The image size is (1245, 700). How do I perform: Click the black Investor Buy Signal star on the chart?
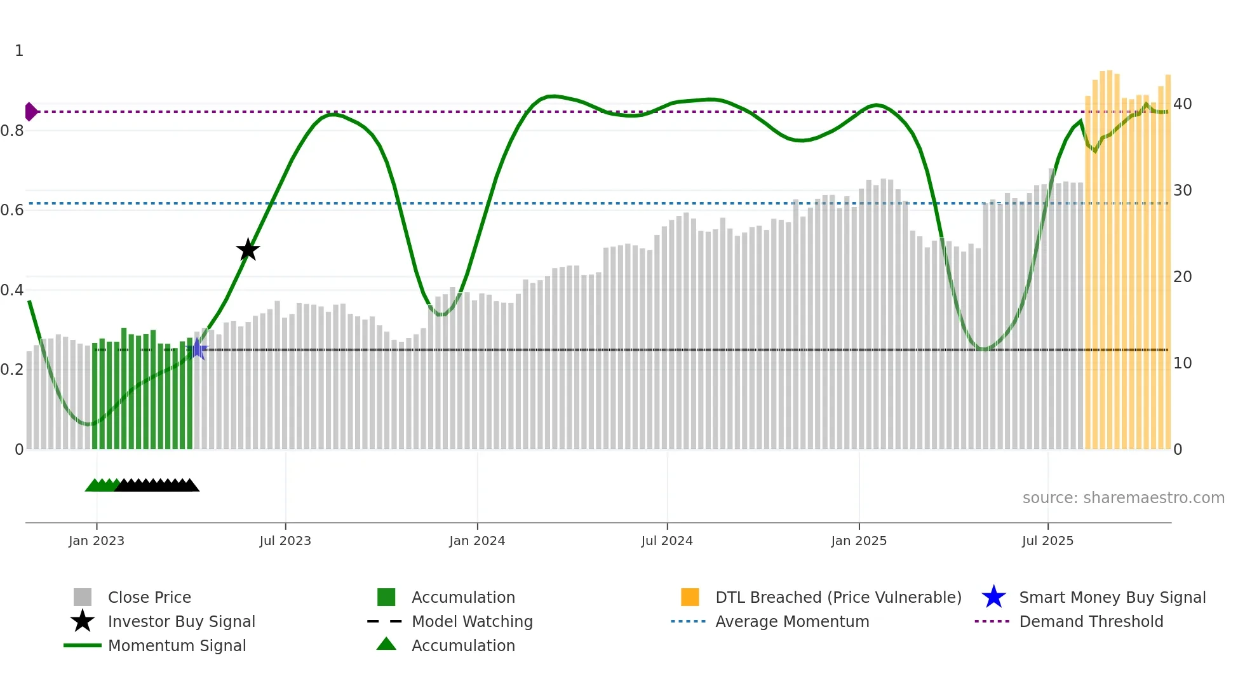pos(248,250)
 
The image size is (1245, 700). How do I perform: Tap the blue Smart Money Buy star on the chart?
pos(198,349)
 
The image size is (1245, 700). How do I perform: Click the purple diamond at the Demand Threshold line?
pos(30,112)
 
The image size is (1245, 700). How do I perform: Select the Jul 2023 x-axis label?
pos(285,541)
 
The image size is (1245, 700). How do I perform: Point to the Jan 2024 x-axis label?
pos(477,541)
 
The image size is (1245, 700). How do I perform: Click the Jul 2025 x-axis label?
pos(1047,541)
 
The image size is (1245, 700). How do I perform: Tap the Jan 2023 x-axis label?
pos(97,541)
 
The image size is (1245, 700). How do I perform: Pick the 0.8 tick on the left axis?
pos(12,131)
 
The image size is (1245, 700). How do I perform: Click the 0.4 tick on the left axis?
pos(12,290)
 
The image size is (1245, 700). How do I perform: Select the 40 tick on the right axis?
pos(1182,104)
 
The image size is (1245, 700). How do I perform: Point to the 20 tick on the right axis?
pos(1182,276)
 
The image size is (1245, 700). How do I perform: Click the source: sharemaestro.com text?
pos(1123,497)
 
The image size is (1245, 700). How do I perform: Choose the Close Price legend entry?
pos(149,597)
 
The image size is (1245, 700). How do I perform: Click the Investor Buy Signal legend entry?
pos(181,621)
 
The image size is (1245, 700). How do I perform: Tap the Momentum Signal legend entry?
pos(177,645)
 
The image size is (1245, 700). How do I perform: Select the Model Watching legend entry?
pos(472,621)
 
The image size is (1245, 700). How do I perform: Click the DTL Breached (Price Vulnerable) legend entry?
pos(838,597)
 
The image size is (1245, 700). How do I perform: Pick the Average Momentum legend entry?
pos(792,621)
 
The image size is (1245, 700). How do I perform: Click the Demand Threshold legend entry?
pos(1091,621)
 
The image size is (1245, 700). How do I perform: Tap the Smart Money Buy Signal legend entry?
pos(1112,597)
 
